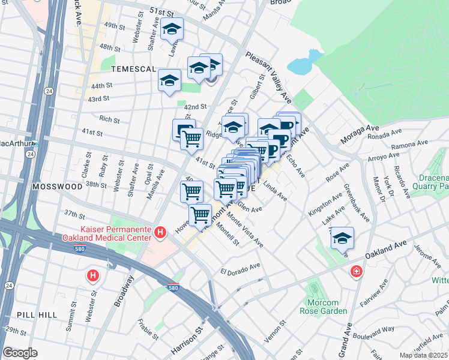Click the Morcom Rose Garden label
click(x=324, y=307)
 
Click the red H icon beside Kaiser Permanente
click(x=160, y=232)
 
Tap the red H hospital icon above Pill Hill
click(x=92, y=275)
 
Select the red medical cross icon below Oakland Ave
click(x=357, y=272)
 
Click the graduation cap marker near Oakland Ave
click(x=342, y=238)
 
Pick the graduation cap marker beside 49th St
click(x=172, y=29)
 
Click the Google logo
click(x=20, y=353)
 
